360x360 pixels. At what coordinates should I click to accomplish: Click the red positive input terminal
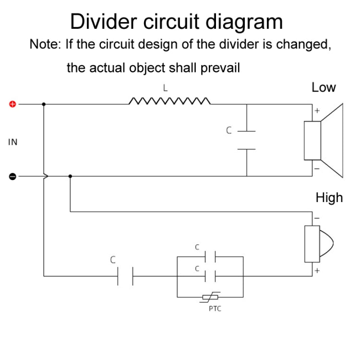(x=13, y=104)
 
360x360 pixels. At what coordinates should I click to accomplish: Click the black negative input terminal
(x=13, y=176)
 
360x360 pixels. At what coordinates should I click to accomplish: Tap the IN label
(x=13, y=142)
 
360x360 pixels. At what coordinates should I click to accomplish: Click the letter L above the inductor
(x=165, y=88)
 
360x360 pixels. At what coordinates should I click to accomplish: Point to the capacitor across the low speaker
(x=247, y=140)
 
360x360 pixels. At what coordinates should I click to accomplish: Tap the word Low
(x=324, y=87)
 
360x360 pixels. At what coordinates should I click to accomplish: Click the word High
(x=329, y=197)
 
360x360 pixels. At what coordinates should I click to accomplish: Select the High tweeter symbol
(x=317, y=245)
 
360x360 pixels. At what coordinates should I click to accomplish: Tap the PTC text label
(x=215, y=309)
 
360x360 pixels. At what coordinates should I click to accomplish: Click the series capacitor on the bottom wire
(x=125, y=276)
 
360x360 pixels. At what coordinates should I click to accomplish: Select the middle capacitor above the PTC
(x=210, y=276)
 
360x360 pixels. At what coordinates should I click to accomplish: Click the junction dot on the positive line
(x=44, y=104)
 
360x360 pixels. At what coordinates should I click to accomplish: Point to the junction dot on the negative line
(x=71, y=176)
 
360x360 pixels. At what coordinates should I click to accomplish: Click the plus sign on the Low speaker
(x=317, y=111)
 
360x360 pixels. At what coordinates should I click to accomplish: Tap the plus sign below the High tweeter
(x=317, y=271)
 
